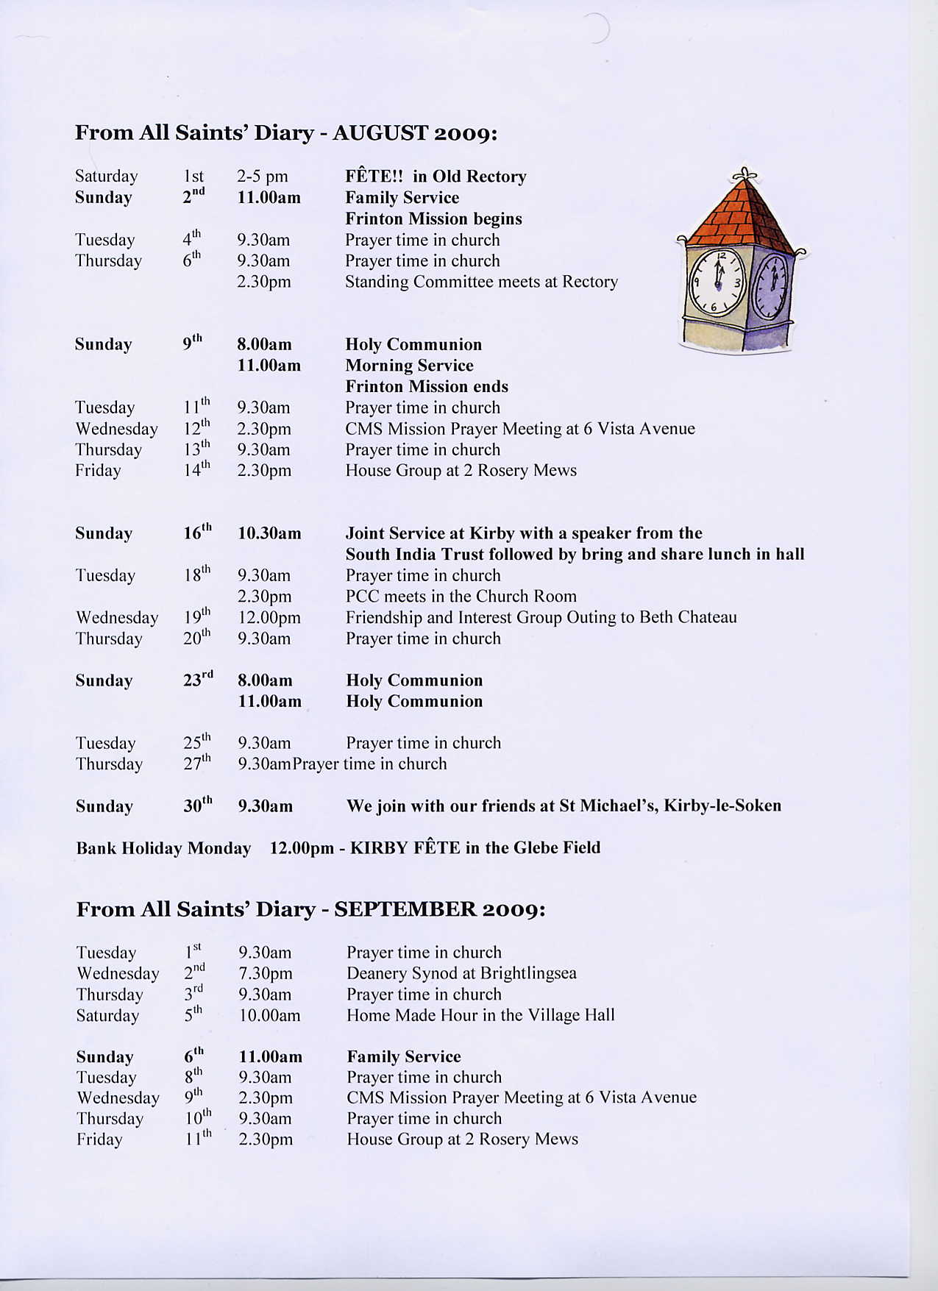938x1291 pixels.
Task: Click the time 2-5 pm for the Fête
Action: coord(262,177)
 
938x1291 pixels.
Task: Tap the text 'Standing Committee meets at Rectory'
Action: coord(481,282)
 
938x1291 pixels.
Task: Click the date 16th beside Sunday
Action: coord(197,533)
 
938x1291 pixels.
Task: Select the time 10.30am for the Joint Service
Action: coord(269,533)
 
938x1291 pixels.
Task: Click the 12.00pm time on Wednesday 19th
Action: coord(269,618)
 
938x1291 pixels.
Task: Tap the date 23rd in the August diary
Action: coord(198,680)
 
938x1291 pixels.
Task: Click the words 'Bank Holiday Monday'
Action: coord(163,848)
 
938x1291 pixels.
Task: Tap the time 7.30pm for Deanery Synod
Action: coord(266,974)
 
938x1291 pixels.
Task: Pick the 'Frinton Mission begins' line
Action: coord(433,218)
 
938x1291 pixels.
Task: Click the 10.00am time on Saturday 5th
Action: coord(270,1016)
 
